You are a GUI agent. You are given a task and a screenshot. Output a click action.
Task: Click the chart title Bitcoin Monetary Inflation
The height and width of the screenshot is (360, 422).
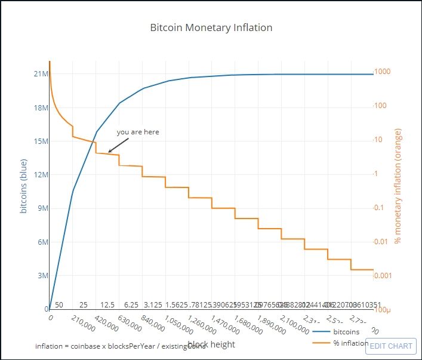[x=211, y=27]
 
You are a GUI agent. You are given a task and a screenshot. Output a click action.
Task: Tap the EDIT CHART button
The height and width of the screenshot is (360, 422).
[x=391, y=346]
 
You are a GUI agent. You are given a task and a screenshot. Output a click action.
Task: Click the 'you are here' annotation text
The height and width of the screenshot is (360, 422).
[x=138, y=132]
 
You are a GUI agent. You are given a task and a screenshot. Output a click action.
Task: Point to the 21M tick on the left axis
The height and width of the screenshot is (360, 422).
[x=41, y=74]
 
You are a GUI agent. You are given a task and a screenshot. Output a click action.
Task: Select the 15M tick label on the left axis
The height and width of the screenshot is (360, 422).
[x=41, y=141]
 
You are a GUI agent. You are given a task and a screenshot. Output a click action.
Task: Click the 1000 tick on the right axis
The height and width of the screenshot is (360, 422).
[x=382, y=72]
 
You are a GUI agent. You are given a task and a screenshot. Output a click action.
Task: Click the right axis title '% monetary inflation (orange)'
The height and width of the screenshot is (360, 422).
[x=398, y=186]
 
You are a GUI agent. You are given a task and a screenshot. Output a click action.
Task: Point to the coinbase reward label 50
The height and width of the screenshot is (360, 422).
[x=59, y=304]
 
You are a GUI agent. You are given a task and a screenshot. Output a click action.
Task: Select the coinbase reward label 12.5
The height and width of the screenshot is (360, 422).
[x=107, y=304]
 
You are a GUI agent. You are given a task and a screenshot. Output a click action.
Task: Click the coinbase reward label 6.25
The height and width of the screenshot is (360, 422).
[x=131, y=304]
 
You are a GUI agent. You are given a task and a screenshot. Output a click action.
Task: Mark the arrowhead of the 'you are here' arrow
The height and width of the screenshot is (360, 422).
[x=109, y=152]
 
